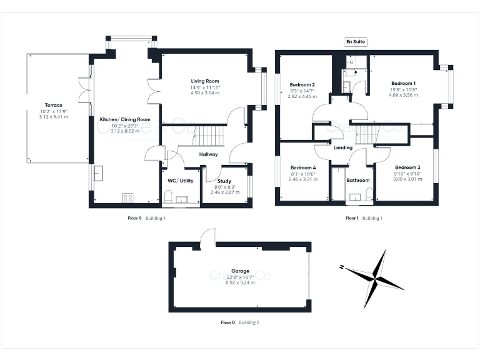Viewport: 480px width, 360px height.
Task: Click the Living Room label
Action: pos(204,81)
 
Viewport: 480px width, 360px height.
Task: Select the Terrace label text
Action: pos(53,105)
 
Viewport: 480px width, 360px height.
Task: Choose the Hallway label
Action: pos(208,154)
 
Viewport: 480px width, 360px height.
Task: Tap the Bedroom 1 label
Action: pos(403,83)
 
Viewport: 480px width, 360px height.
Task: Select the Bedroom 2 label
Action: pos(302,84)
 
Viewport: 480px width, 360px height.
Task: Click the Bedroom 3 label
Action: pos(407,167)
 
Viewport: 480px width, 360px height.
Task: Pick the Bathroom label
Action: pos(359,180)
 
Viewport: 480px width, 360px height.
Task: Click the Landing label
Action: pos(343,147)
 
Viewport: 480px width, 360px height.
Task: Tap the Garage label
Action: pos(239,271)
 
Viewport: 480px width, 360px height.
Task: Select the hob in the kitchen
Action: pos(127,197)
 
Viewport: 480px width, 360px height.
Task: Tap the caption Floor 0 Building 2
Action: pos(240,322)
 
